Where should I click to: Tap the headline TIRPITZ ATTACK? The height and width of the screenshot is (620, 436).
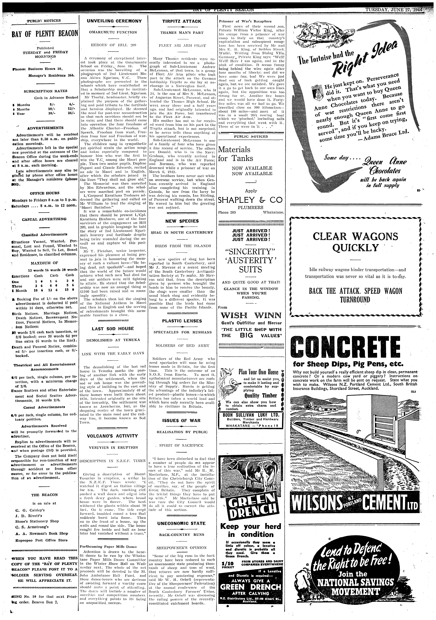coord(182,21)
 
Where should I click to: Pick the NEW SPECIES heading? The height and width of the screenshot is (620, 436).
coord(182,221)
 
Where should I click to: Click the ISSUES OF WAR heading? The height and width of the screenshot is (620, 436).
coord(182,420)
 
